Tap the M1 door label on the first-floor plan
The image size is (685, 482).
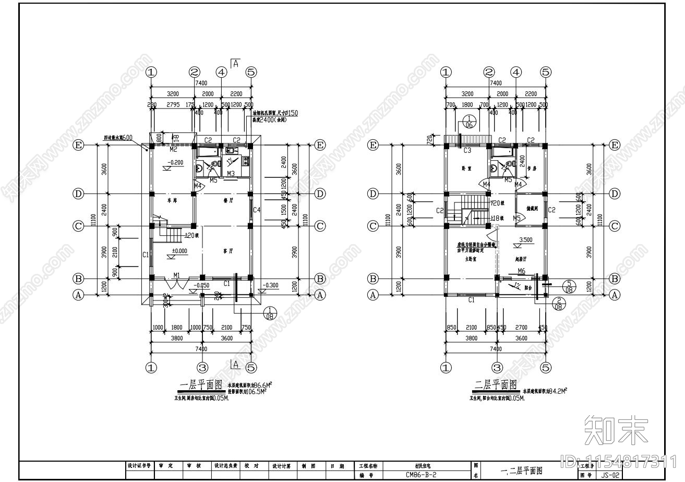(x=177, y=275)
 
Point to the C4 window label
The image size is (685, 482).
(x=257, y=210)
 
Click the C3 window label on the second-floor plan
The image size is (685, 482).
(x=467, y=151)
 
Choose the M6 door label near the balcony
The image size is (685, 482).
(x=521, y=271)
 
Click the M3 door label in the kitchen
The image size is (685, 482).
(x=230, y=173)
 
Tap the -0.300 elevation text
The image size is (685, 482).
(x=271, y=285)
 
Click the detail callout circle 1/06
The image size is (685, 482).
(x=468, y=122)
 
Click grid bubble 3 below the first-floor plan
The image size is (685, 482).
(x=202, y=368)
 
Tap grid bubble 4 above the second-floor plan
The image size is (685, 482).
(x=515, y=72)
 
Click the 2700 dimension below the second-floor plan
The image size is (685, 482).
(x=521, y=328)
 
